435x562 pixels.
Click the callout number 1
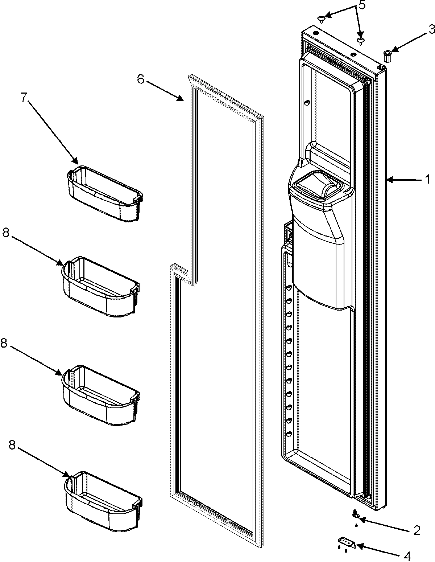click(x=427, y=179)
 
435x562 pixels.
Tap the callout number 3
click(x=431, y=30)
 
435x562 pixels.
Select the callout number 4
click(x=407, y=556)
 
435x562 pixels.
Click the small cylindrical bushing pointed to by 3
click(x=387, y=56)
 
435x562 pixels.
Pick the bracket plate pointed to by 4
click(x=347, y=542)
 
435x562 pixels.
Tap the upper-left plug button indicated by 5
click(x=322, y=18)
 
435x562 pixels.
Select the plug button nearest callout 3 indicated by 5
click(x=360, y=41)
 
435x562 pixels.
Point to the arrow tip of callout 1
click(x=386, y=179)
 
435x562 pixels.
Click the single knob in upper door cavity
click(x=307, y=103)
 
